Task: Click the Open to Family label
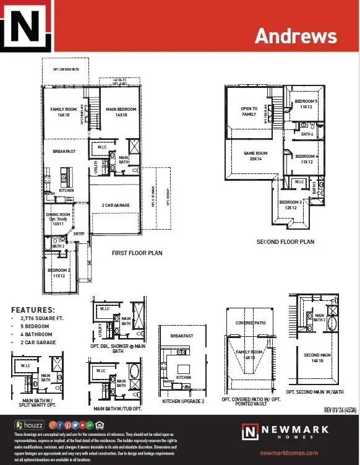pos(249,111)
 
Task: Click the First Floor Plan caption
pos(138,253)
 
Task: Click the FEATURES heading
pos(33,310)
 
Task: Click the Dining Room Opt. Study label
pos(59,219)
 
